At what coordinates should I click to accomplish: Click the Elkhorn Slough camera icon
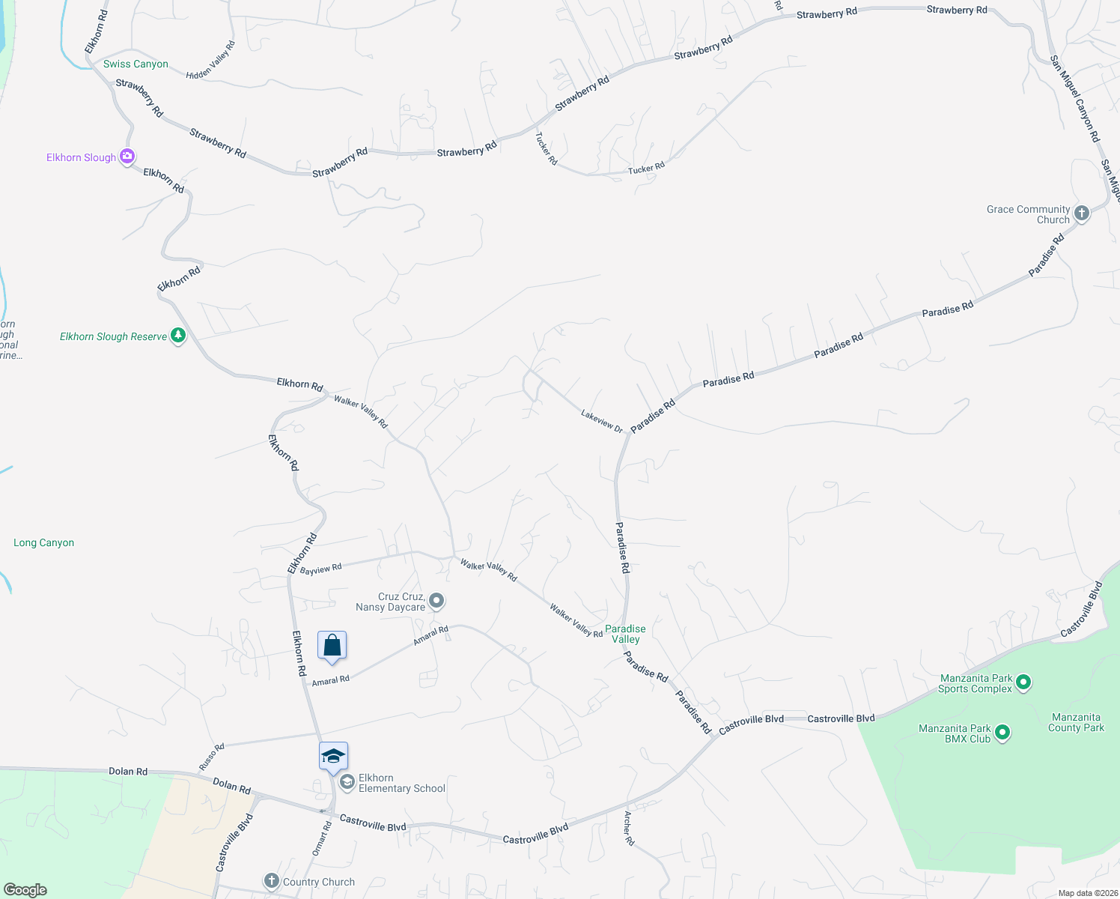(127, 157)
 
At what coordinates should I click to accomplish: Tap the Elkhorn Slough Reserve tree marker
(178, 336)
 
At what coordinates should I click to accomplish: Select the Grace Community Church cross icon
(1081, 214)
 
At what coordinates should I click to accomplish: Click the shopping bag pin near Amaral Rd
(332, 646)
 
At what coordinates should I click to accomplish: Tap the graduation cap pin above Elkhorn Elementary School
(333, 757)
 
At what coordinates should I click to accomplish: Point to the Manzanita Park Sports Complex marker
(1024, 682)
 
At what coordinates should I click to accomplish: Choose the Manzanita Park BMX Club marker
(1003, 733)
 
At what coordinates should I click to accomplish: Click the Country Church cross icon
(272, 881)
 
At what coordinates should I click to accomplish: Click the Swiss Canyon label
(136, 64)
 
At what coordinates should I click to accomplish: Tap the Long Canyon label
(44, 542)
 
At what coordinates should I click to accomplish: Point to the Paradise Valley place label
(625, 634)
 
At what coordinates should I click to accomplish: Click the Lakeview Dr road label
(601, 420)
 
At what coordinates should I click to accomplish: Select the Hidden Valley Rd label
(210, 60)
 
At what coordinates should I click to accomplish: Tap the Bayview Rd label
(320, 569)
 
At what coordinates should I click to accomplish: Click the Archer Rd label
(629, 828)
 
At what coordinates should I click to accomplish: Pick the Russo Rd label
(212, 757)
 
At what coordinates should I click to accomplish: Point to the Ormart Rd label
(321, 839)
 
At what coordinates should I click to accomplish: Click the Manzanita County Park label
(1076, 722)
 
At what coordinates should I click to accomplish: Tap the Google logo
(25, 890)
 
